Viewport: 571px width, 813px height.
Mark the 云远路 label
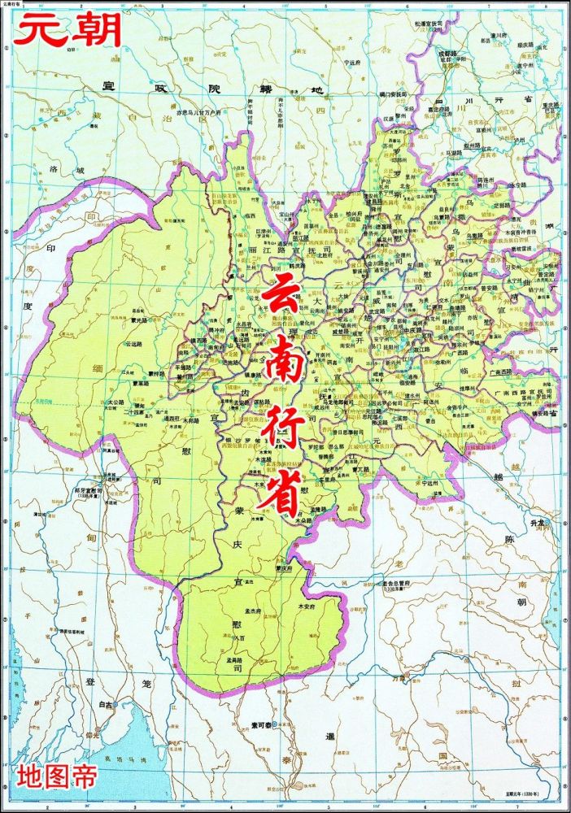coord(134,344)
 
